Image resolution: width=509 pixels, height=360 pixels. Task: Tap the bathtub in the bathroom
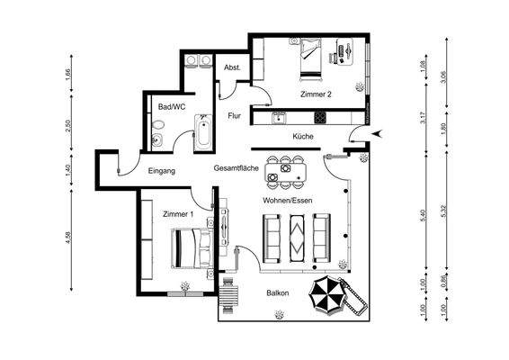[x=202, y=133]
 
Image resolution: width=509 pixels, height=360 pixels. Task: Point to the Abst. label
[x=231, y=68]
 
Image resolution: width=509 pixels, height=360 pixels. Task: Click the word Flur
[x=235, y=115]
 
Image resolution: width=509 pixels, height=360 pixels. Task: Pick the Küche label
[x=303, y=136]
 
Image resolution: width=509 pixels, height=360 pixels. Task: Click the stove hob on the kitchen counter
[x=319, y=117]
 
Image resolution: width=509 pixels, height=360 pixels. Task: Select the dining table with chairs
[x=286, y=168]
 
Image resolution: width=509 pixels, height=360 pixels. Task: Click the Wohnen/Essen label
[x=287, y=200]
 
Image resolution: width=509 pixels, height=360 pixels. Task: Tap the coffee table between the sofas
[x=295, y=237]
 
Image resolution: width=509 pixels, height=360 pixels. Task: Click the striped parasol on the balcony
[x=327, y=294]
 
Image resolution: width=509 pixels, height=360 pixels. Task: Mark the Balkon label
[x=278, y=294]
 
